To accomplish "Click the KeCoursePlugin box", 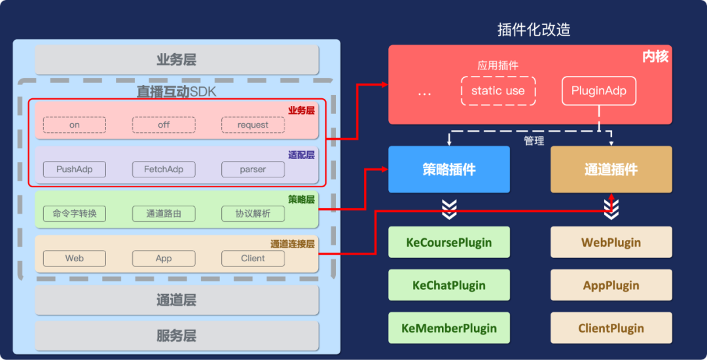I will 449,243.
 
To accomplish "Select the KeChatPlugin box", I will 449,285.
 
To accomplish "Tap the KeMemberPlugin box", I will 449,328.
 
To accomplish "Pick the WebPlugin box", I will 611,243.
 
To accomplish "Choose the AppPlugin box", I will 611,285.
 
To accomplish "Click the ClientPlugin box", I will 611,328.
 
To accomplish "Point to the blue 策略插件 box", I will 449,170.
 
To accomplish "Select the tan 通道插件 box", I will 611,170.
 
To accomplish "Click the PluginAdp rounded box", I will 598,91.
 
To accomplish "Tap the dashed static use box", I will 498,91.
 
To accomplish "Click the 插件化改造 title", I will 534,30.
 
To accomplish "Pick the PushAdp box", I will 75,170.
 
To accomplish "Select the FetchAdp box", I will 164,170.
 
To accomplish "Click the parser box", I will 253,170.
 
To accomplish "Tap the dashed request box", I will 253,125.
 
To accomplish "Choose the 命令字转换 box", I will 75,213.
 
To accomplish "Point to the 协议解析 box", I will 253,213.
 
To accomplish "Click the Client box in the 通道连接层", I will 253,259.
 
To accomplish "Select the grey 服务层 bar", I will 177,336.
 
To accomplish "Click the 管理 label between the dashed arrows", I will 534,141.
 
